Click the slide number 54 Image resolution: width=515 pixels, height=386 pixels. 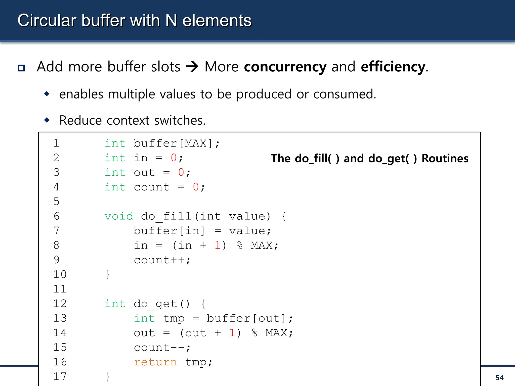pos(499,377)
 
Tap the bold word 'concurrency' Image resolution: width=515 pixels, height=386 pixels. pos(285,67)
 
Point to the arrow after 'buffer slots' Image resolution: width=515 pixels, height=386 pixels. pos(192,67)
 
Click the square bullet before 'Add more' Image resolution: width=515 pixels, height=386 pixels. pos(21,68)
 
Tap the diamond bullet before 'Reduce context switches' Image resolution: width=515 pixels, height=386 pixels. pos(47,120)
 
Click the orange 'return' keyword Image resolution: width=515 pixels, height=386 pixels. pos(155,362)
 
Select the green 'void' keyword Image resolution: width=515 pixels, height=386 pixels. pos(119,216)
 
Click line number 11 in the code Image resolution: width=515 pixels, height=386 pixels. pos(60,289)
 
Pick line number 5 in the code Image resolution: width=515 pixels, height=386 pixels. pos(57,202)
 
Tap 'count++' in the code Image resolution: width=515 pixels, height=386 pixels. pos(162,260)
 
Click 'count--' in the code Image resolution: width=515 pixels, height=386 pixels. pos(162,348)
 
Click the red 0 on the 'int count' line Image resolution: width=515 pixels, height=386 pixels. pos(196,187)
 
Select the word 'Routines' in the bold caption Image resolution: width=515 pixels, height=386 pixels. pos(445,159)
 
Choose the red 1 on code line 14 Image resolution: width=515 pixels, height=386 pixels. pos(232,333)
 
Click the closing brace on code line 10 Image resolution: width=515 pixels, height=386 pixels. pos(108,275)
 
